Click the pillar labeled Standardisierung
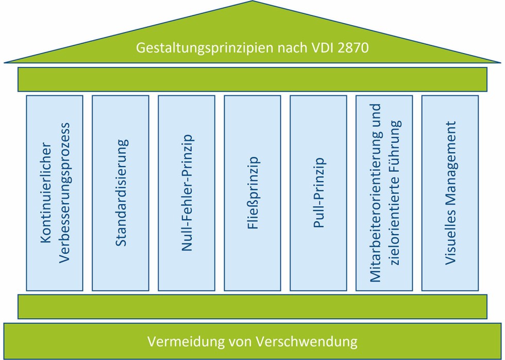pos(121,193)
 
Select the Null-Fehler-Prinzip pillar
pos(187,193)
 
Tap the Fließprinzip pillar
pos(252,193)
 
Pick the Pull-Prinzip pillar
pos(318,193)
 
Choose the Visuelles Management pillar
pos(450,193)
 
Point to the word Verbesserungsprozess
pos(64,193)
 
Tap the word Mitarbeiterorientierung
pos(376,193)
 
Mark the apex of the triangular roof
pos(252,3)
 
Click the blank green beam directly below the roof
pos(252,79)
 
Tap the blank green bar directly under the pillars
pos(252,306)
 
